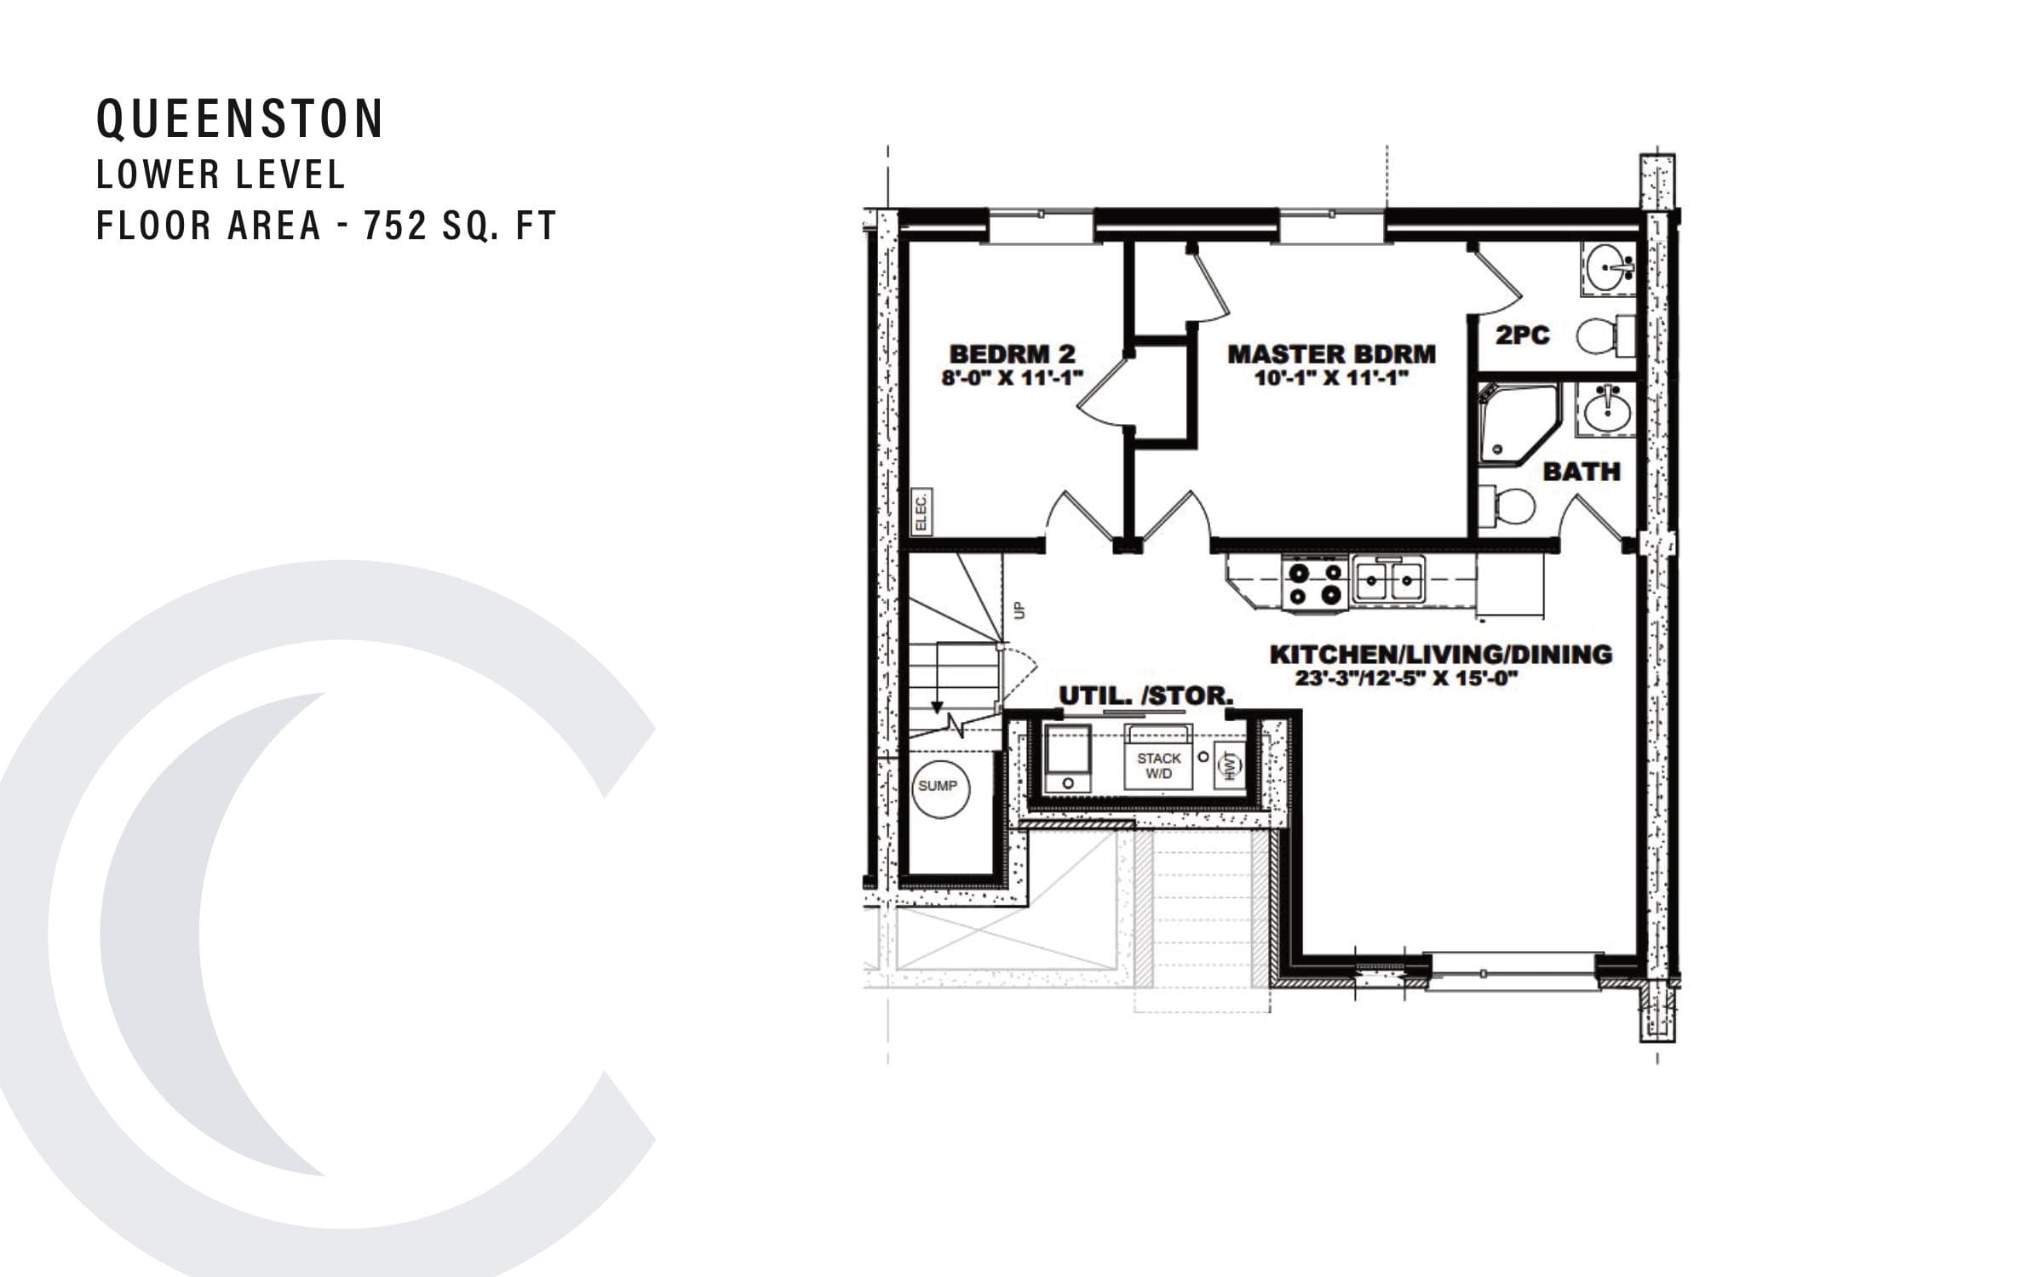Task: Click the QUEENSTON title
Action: pyautogui.click(x=240, y=118)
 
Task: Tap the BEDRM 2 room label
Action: pyautogui.click(x=1012, y=353)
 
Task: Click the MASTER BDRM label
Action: pyautogui.click(x=1331, y=353)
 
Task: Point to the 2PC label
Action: pyautogui.click(x=1522, y=335)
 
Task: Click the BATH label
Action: pyautogui.click(x=1582, y=472)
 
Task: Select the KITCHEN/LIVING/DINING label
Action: pyautogui.click(x=1440, y=654)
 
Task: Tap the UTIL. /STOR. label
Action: pyautogui.click(x=1145, y=696)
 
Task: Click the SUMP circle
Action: pyautogui.click(x=937, y=786)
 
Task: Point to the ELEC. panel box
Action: pyautogui.click(x=921, y=512)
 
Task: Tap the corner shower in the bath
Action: pyautogui.click(x=1516, y=423)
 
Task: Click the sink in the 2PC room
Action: pyautogui.click(x=1608, y=267)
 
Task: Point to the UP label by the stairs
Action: pyautogui.click(x=1019, y=610)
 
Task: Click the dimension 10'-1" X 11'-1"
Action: pyautogui.click(x=1331, y=378)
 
